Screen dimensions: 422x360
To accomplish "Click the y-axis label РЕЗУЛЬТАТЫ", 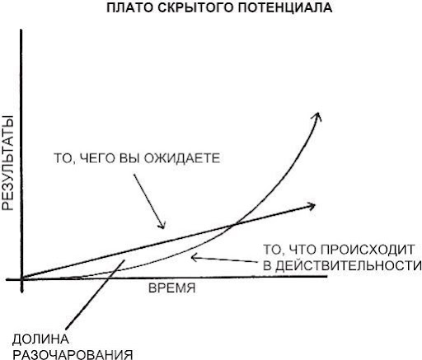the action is (x=8, y=163).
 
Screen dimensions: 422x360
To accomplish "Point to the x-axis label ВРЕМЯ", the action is (x=172, y=288).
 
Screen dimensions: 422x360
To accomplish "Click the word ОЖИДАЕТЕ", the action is (x=182, y=158).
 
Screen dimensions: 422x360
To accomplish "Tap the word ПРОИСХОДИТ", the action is (x=368, y=250).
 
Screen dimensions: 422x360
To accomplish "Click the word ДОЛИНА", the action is (x=40, y=339).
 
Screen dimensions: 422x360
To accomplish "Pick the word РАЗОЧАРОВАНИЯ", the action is (x=73, y=354).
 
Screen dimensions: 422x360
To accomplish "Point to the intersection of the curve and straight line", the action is (x=233, y=225).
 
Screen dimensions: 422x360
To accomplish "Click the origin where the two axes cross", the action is (x=21, y=279).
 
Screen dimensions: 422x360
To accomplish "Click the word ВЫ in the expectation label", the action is (x=130, y=158).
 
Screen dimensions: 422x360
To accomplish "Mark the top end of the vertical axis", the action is (x=21, y=30).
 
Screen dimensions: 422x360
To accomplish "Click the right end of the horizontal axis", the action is (x=327, y=276).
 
